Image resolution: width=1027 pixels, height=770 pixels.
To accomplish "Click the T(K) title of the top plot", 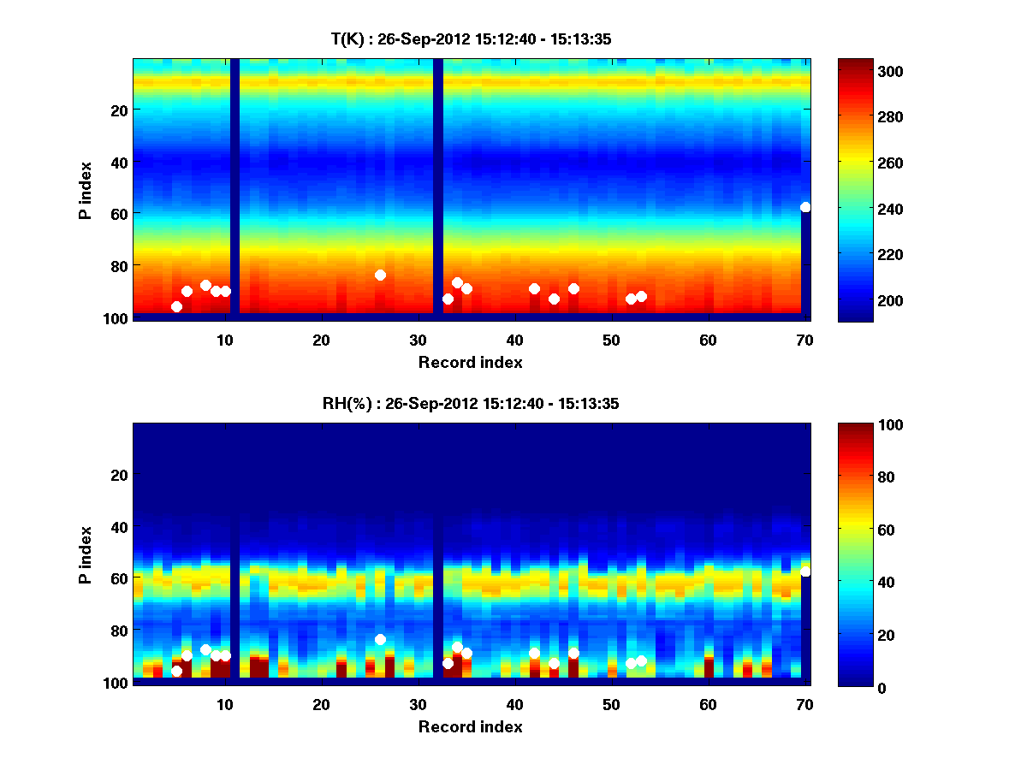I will coord(470,38).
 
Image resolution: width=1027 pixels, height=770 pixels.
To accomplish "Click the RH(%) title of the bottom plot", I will coord(470,403).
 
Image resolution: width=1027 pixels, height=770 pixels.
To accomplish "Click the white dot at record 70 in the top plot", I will coord(805,207).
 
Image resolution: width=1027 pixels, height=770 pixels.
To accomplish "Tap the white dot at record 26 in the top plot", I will coord(380,275).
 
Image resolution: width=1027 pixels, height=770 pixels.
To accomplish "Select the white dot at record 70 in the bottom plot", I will coord(805,572).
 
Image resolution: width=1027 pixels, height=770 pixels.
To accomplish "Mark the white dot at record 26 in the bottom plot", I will coord(380,639).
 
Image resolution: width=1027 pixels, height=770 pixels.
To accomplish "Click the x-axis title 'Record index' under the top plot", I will coord(470,362).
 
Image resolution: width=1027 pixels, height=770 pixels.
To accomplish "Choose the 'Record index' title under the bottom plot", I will coord(470,726).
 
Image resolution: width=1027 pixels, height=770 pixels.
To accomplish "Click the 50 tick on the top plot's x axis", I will coord(611,340).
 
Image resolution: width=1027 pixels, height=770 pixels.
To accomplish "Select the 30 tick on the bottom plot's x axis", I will coord(418,704).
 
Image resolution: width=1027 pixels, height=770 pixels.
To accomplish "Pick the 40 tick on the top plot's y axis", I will coord(118,162).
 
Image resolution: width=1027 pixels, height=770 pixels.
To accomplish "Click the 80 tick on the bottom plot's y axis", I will coord(118,631).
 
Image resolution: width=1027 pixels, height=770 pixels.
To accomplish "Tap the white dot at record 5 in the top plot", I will coord(176,306).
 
